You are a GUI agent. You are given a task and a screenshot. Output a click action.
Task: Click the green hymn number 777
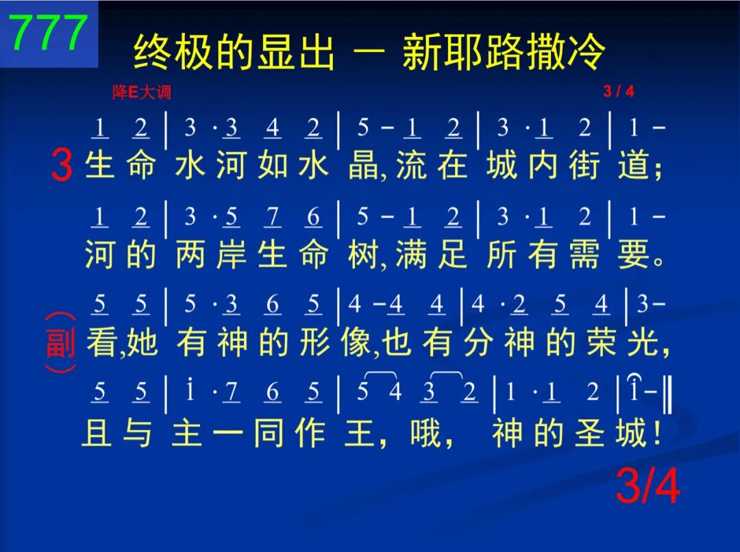pyautogui.click(x=49, y=32)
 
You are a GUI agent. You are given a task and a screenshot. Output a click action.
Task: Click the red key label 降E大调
pyautogui.click(x=142, y=92)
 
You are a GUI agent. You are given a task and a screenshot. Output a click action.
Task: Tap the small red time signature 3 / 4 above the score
pyautogui.click(x=618, y=90)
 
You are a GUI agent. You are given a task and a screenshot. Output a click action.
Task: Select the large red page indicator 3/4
pyautogui.click(x=648, y=486)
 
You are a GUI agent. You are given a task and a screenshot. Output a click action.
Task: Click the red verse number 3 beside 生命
pyautogui.click(x=62, y=164)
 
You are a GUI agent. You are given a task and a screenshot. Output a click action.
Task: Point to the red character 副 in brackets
pyautogui.click(x=60, y=342)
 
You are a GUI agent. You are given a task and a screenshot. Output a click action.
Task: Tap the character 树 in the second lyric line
pyautogui.click(x=363, y=254)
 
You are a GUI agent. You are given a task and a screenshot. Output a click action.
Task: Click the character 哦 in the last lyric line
pyautogui.click(x=425, y=432)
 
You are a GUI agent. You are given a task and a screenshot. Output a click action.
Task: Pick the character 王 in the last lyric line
pyautogui.click(x=360, y=433)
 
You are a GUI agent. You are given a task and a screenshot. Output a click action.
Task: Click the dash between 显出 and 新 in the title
pyautogui.click(x=369, y=52)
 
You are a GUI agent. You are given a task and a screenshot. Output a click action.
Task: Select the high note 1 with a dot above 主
pyautogui.click(x=190, y=390)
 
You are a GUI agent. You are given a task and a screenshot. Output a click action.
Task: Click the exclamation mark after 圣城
pyautogui.click(x=657, y=433)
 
